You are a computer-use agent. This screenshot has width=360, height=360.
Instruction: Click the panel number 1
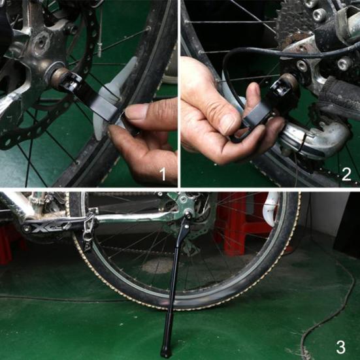164,174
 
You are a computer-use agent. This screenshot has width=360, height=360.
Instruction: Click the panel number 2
346,174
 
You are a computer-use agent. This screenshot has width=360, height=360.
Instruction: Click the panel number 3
340,345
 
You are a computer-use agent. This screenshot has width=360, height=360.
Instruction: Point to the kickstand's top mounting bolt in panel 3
188,216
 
